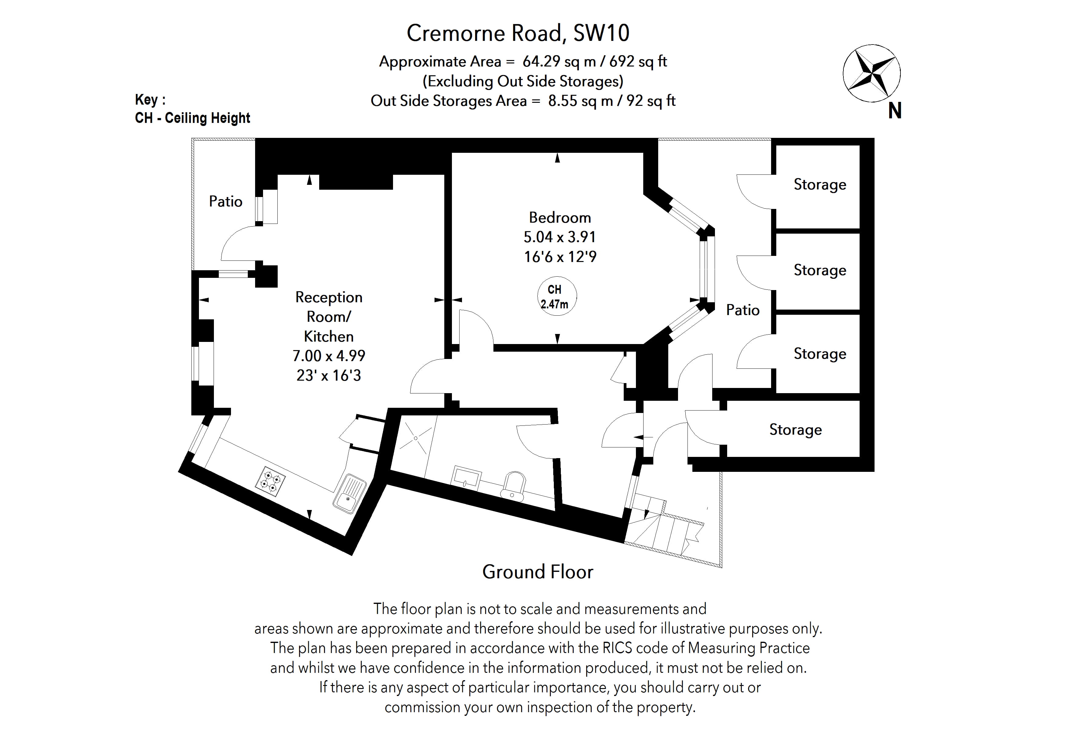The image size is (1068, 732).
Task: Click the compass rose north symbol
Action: pyautogui.click(x=871, y=74)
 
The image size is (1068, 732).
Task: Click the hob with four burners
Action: pyautogui.click(x=270, y=481)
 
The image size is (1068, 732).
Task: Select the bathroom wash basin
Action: pyautogui.click(x=467, y=478)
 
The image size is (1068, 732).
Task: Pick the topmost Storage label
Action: pyautogui.click(x=820, y=184)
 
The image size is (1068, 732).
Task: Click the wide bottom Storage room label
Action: pyautogui.click(x=796, y=429)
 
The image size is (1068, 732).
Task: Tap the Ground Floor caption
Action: pyautogui.click(x=538, y=572)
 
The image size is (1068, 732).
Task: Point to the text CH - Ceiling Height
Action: pyautogui.click(x=193, y=118)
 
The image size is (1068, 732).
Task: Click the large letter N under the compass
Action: pyautogui.click(x=894, y=111)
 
